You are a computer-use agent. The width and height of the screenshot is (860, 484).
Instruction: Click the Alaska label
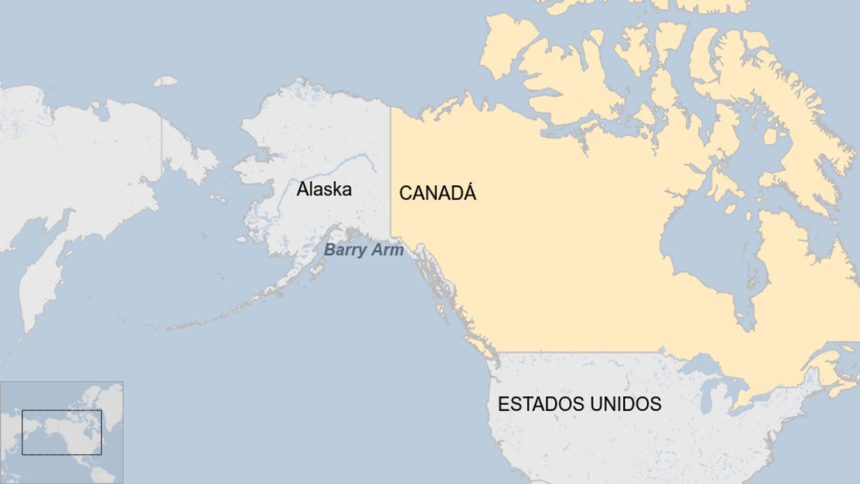[324, 189]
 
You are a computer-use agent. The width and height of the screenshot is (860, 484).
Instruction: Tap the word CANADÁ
[437, 193]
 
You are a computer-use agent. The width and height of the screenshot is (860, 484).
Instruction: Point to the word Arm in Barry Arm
[388, 249]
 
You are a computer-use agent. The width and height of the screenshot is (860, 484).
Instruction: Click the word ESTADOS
[541, 404]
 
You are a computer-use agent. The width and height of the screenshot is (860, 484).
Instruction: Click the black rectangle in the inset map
[62, 432]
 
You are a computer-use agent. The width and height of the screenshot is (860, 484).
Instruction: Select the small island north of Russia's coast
[167, 81]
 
